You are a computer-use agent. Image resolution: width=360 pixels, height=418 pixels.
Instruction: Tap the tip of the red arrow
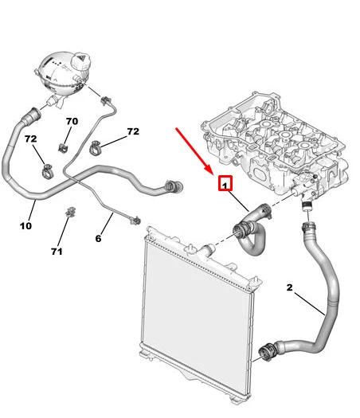point(213,174)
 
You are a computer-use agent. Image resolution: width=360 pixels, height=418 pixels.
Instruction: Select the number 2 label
point(290,287)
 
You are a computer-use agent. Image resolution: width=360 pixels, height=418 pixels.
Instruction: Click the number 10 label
point(25,226)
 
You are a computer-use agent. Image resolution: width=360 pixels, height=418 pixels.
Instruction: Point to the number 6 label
point(98,238)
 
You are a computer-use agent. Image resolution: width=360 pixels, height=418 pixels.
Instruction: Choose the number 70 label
point(72,121)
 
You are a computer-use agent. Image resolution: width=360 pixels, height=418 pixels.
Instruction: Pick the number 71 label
point(57,251)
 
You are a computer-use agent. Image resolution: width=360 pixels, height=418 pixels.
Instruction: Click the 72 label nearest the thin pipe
point(133,131)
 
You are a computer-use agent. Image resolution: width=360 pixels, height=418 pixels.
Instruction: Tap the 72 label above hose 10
point(30,139)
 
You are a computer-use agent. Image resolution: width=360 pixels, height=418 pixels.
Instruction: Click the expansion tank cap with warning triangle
point(80,61)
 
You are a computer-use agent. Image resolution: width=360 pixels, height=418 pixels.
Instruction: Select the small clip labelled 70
point(63,147)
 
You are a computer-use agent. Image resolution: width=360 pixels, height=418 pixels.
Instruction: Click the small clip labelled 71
point(70,212)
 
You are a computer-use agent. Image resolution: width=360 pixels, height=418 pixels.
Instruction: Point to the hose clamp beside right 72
point(95,148)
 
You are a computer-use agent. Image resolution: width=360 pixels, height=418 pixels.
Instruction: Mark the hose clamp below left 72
point(49,170)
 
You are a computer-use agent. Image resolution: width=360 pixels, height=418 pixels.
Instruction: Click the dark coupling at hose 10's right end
point(174,186)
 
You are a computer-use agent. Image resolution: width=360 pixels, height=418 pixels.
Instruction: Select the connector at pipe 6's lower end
point(135,221)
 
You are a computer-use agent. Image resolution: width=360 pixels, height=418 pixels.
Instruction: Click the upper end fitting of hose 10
point(32,117)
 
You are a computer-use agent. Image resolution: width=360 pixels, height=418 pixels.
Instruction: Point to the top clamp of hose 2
point(308,227)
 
